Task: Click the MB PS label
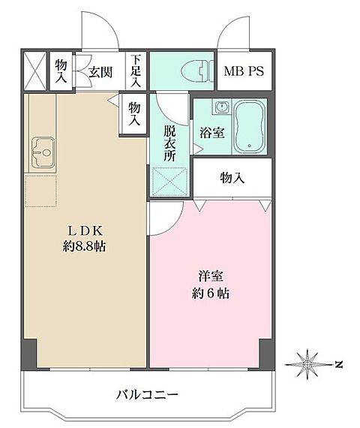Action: pyautogui.click(x=244, y=72)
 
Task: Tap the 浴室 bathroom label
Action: pyautogui.click(x=211, y=134)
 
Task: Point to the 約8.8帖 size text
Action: pyautogui.click(x=83, y=246)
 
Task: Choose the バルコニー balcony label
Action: pyautogui.click(x=146, y=394)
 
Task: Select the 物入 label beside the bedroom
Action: pyautogui.click(x=231, y=178)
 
